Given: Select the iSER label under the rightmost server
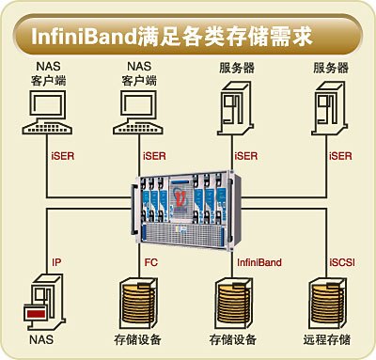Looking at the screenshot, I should click(342, 155).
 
